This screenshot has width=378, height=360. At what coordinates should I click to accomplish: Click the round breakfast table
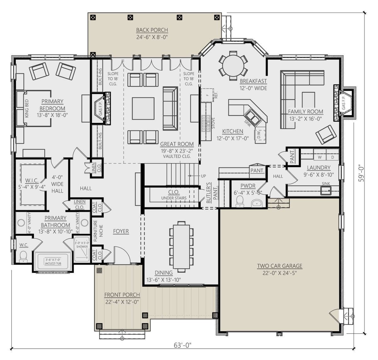[x=233, y=66]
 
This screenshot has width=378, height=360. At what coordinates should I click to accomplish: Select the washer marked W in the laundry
[x=319, y=157]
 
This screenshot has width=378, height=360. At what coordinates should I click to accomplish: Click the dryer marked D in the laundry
[x=332, y=157]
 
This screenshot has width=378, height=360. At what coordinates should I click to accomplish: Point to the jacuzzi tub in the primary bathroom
[x=53, y=261]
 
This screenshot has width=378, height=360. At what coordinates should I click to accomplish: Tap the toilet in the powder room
[x=240, y=201]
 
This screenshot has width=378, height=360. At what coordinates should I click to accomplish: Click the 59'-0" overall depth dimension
[x=361, y=173]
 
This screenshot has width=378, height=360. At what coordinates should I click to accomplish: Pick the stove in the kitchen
[x=205, y=123]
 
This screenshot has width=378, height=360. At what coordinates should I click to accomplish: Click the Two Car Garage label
[x=279, y=266]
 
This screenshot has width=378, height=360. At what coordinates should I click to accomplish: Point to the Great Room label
[x=177, y=144]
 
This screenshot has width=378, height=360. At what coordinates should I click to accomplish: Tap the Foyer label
[x=121, y=231]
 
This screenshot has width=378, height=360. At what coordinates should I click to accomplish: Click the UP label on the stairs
[x=203, y=176]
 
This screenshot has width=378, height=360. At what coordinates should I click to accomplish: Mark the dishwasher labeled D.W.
[x=260, y=135]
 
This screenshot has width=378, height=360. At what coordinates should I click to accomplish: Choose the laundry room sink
[x=326, y=191]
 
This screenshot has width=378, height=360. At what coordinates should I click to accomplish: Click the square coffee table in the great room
[x=143, y=108]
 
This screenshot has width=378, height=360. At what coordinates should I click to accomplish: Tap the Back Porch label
[x=152, y=30]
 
